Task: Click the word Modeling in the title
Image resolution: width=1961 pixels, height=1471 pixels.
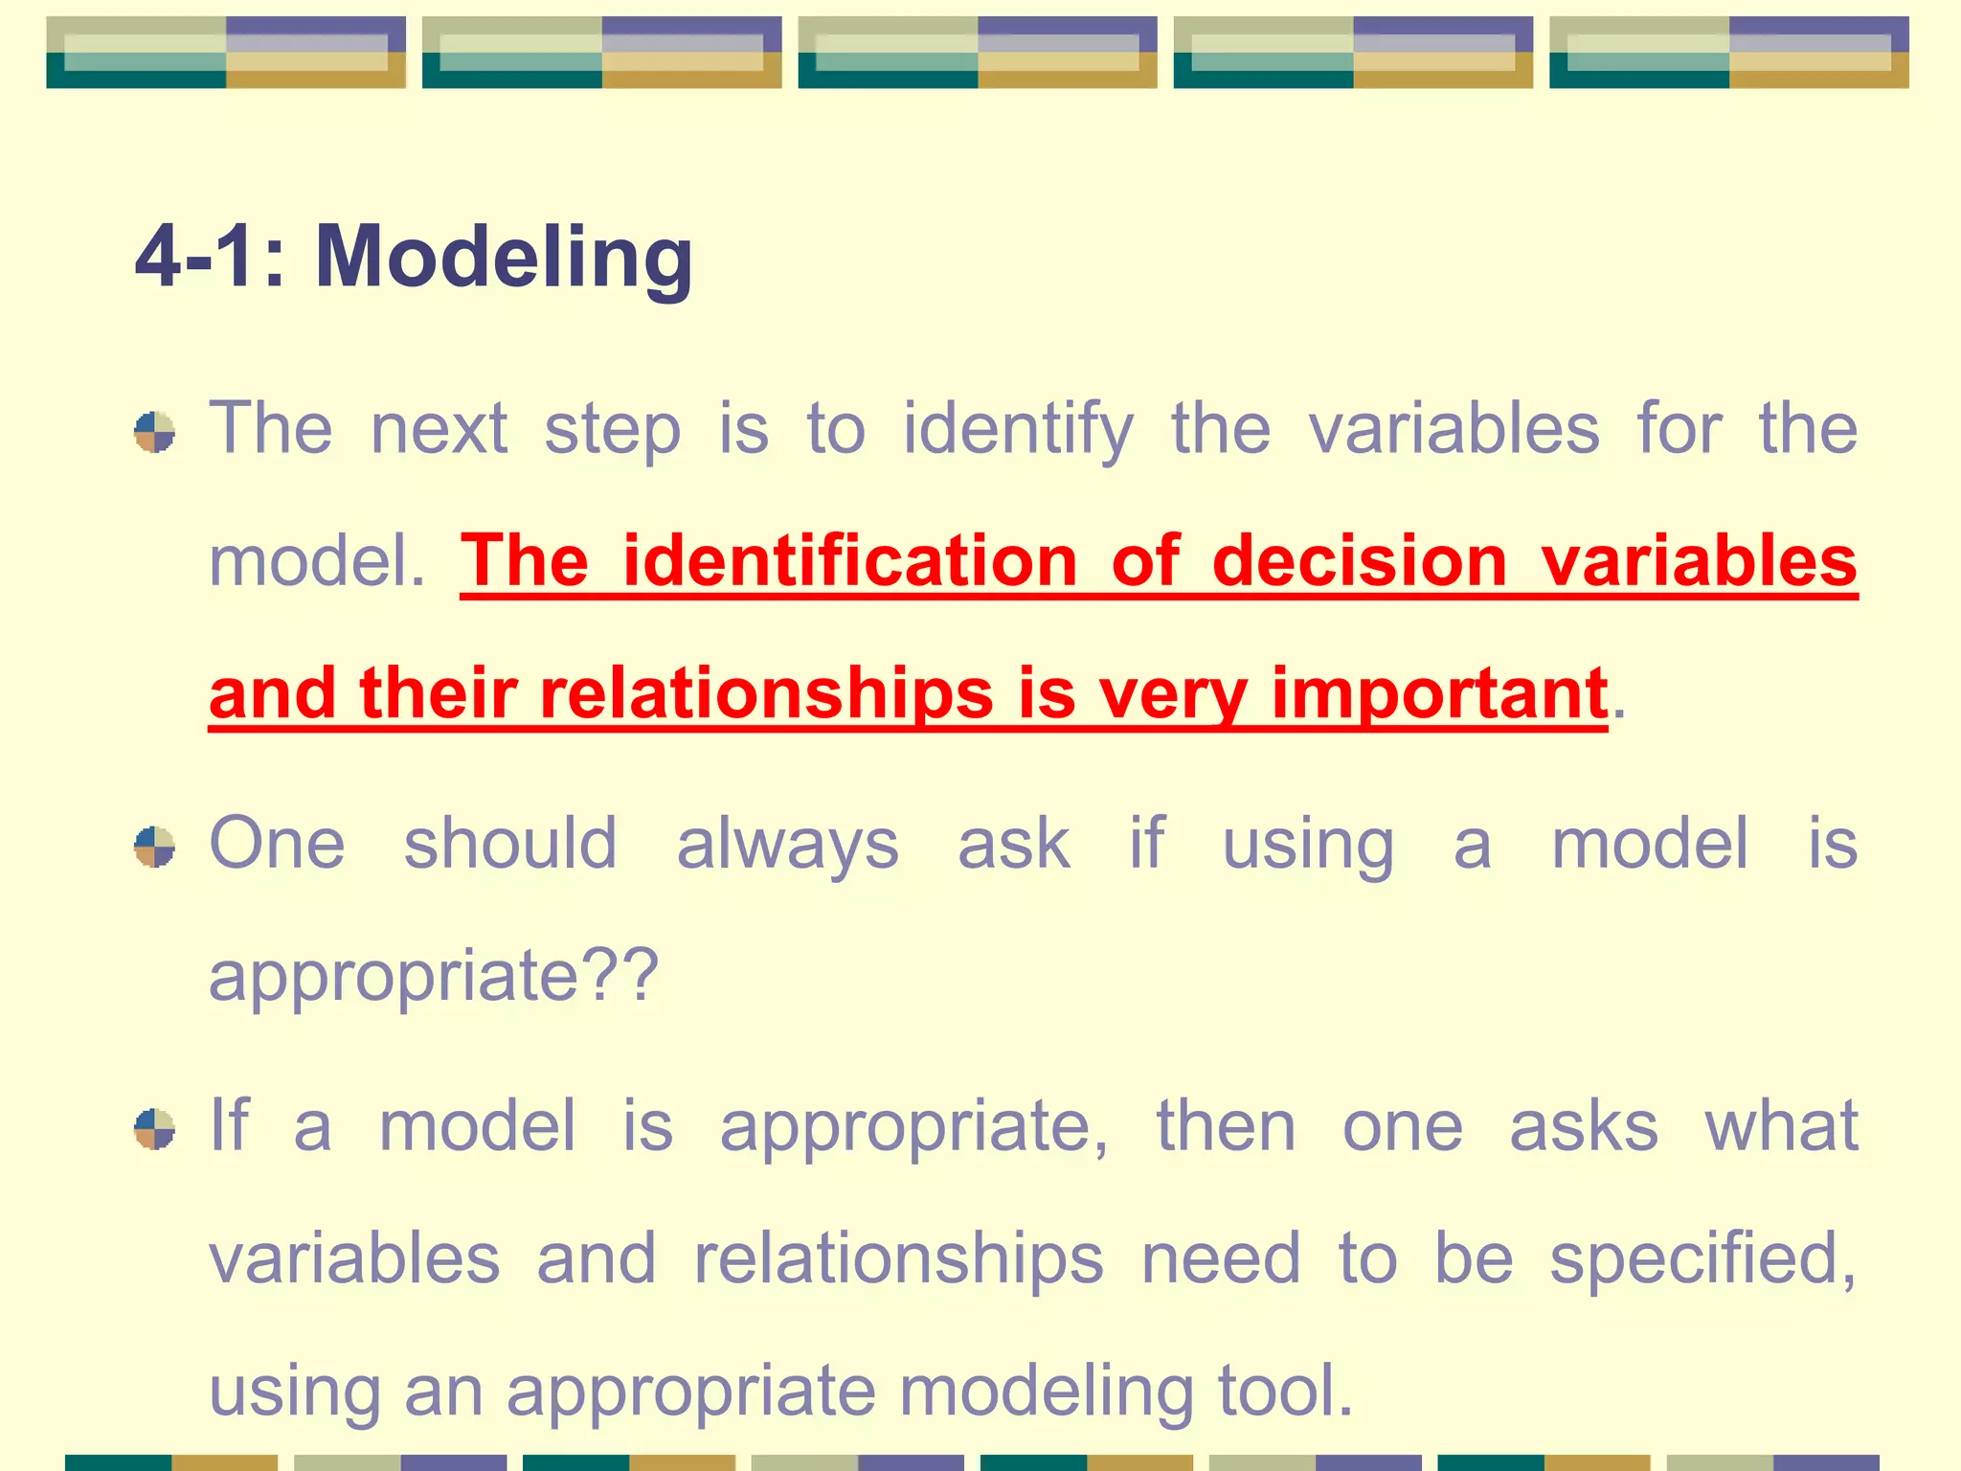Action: click(504, 257)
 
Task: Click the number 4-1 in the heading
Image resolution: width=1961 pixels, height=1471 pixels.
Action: click(196, 257)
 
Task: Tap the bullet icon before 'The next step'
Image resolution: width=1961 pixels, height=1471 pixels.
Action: click(154, 432)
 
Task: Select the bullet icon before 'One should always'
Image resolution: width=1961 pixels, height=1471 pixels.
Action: click(154, 847)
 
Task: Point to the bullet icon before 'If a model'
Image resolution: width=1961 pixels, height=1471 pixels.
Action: click(154, 1128)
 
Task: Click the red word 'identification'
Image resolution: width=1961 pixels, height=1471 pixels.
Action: click(850, 561)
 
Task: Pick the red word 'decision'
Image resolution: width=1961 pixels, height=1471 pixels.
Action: click(1360, 561)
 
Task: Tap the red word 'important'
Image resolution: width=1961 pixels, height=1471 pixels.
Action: click(1439, 694)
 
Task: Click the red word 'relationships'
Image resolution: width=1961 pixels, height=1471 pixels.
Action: click(766, 692)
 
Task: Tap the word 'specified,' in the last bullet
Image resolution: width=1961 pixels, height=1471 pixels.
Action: click(1702, 1259)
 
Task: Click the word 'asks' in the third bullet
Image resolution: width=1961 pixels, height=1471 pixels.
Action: click(1584, 1127)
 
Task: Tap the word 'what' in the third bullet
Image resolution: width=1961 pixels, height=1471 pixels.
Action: click(1781, 1127)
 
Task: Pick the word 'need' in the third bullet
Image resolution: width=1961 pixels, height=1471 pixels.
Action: click(1221, 1259)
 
